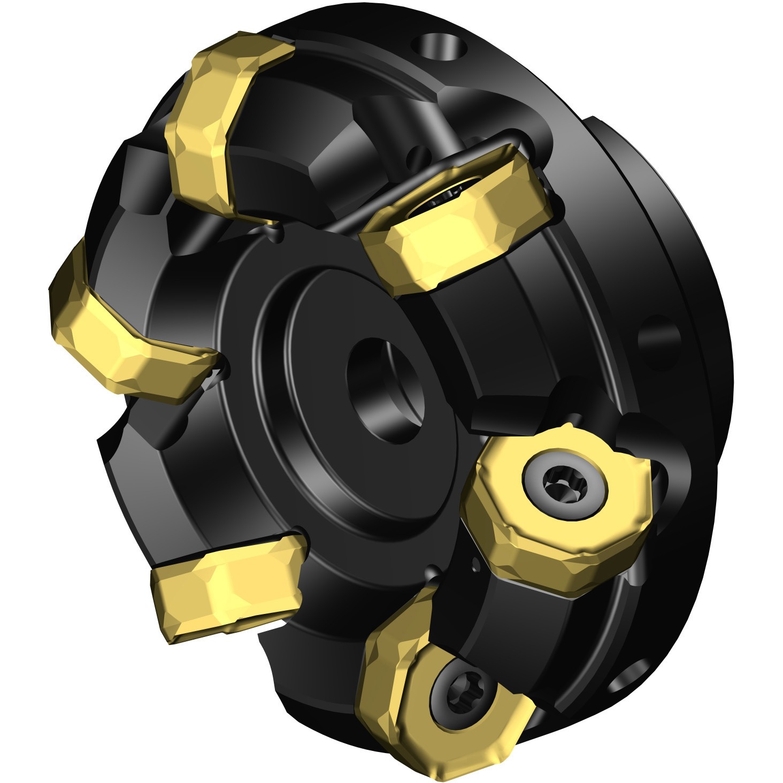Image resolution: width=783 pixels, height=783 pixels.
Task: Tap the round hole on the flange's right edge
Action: (x=659, y=342)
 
